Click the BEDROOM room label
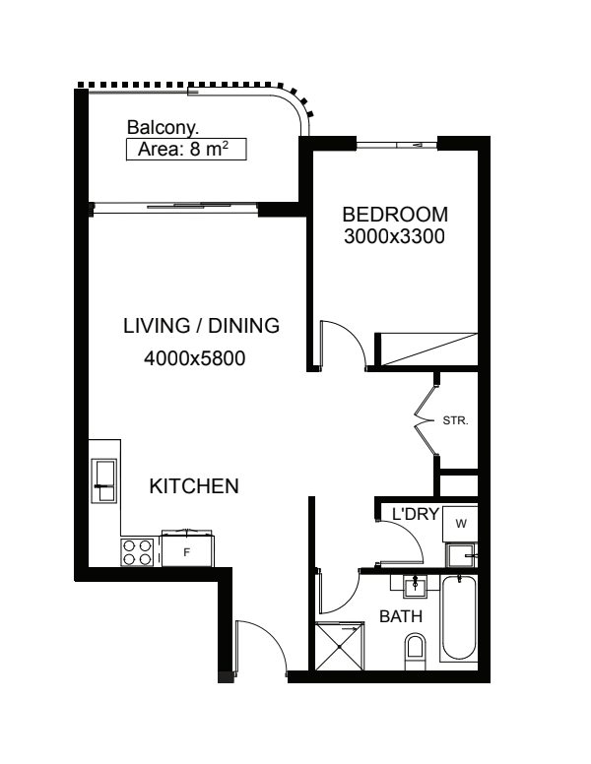point(394,215)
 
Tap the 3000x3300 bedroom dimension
point(394,236)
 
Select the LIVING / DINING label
point(201,326)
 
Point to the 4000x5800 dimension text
point(195,358)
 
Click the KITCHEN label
point(194,486)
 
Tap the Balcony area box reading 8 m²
point(186,149)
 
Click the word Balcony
point(163,128)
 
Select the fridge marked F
point(187,550)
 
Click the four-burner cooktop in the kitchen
point(137,552)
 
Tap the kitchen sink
point(103,480)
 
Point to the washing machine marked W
point(460,524)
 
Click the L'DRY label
point(416,514)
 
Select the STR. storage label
point(455,420)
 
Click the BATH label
point(401,616)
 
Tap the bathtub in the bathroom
point(458,618)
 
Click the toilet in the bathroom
point(415,651)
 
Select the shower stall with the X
point(340,646)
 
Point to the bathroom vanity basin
point(415,586)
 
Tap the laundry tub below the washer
point(461,555)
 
